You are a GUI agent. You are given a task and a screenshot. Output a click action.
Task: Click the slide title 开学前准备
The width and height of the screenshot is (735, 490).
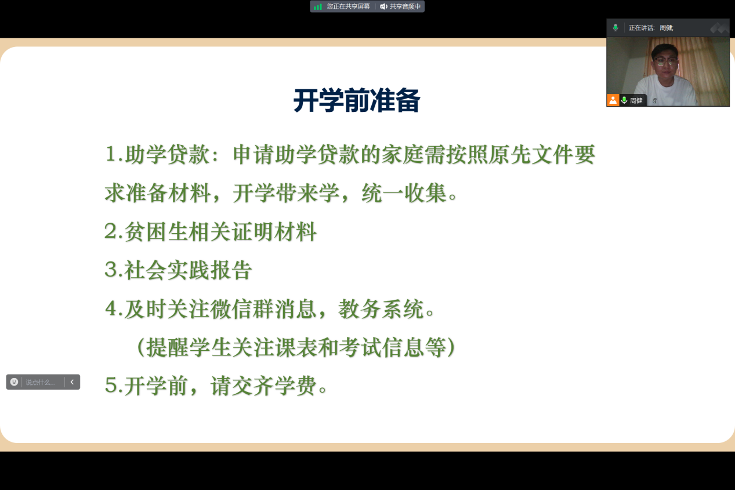coord(356,100)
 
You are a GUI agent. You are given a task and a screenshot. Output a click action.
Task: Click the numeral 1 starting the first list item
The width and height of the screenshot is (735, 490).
coord(111,154)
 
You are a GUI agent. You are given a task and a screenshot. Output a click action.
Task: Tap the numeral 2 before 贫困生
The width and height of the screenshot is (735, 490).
coord(111,231)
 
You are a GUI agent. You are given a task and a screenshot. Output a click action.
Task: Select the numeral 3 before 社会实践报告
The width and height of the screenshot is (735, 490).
coord(111,270)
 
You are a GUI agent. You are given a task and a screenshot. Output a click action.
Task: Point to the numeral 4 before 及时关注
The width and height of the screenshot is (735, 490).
coord(111,308)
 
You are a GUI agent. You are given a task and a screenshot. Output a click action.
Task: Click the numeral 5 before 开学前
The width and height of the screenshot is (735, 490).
coord(111,385)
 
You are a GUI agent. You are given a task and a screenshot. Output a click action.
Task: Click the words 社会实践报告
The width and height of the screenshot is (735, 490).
coord(188,270)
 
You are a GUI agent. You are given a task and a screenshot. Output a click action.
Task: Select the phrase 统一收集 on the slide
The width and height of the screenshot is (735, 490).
coord(404,193)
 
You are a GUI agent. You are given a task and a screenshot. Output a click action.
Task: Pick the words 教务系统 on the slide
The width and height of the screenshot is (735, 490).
coord(381,308)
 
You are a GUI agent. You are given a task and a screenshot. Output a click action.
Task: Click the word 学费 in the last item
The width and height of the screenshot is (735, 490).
coord(295,386)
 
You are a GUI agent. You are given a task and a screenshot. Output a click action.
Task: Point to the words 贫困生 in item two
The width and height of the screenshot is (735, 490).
coord(156,231)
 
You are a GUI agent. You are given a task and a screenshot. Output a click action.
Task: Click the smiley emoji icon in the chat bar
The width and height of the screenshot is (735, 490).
coord(14,382)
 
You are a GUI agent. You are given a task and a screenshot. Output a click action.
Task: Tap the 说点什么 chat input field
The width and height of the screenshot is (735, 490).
coord(41,382)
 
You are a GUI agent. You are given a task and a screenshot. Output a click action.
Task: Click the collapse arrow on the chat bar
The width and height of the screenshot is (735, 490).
coord(72,382)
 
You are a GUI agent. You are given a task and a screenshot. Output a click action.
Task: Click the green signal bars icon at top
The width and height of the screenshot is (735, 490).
coord(318,6)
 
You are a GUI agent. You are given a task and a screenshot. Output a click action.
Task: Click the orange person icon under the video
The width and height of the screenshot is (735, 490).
coord(613,100)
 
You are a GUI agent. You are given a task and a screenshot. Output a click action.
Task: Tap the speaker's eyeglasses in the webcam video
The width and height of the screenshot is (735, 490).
coord(666,61)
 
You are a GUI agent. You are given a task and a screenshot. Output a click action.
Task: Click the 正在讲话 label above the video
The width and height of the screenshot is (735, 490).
coord(641,28)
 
